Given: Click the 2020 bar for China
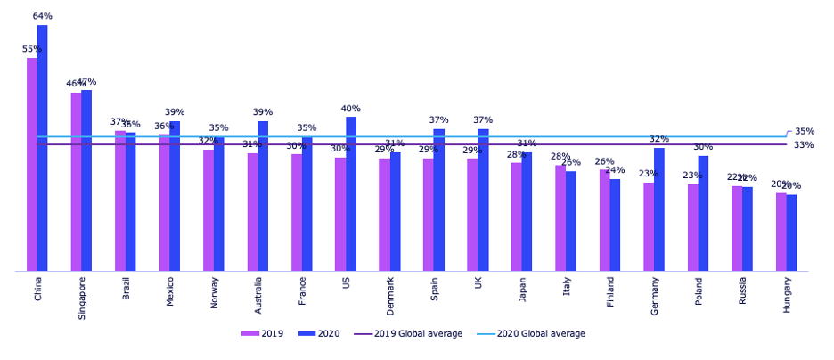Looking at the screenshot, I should coord(43,148).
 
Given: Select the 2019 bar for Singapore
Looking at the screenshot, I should coord(76,182).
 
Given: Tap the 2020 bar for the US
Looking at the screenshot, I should coord(351,193).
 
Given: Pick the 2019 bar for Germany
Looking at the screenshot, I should coord(649,226).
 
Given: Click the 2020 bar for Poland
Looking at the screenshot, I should coord(703,213).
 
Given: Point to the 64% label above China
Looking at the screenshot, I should coord(43,16).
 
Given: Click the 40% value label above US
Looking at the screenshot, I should coord(351,109).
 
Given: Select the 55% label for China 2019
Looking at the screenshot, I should coord(31,49).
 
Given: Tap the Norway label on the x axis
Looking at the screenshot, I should coord(214,291).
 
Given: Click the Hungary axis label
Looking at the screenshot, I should coord(787,293).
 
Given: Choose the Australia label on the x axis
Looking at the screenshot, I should coord(258,295).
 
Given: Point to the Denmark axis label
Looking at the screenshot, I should coord(390,295).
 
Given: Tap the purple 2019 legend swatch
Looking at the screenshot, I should coord(249,333).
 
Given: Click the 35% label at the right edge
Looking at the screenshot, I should coord(804,131).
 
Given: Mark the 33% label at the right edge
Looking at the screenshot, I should coord(804,144).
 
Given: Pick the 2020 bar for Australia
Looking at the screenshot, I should coord(263,196).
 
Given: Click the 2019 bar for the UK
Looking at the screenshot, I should coord(472,215).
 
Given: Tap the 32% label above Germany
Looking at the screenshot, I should coord(659,139).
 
